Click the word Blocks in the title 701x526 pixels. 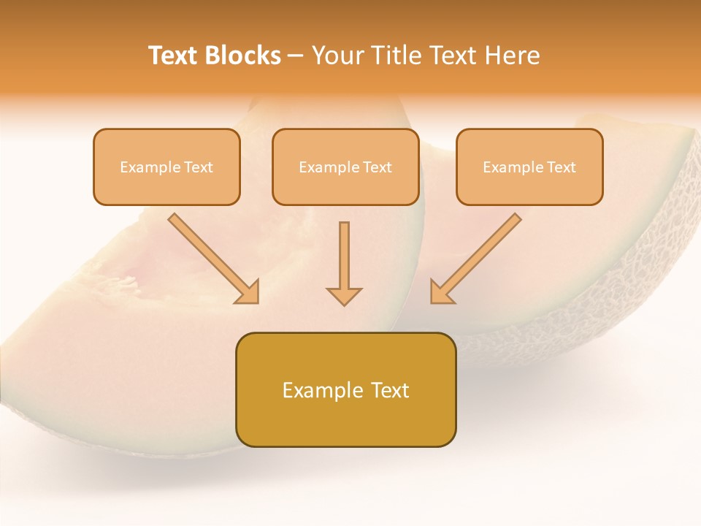(244, 56)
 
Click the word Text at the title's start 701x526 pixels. (175, 56)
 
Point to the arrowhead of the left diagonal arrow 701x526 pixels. (248, 292)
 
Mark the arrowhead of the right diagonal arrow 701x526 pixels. (441, 292)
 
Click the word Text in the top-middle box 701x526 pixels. (377, 167)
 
